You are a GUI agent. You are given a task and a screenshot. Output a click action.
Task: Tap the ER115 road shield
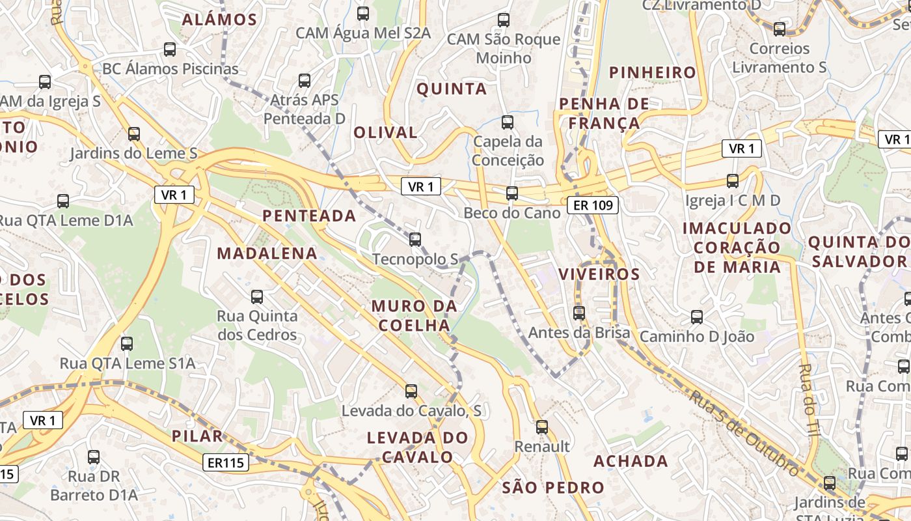pyautogui.click(x=226, y=462)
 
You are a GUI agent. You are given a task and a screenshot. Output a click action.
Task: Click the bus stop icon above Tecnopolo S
pyautogui.click(x=415, y=240)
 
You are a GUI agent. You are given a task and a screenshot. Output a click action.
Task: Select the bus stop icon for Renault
pyautogui.click(x=541, y=427)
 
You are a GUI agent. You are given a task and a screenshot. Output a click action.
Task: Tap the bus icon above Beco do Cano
pyautogui.click(x=512, y=193)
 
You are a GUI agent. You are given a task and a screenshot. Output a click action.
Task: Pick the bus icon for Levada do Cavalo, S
pyautogui.click(x=411, y=391)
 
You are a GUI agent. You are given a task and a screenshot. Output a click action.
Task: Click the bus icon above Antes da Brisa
pyautogui.click(x=579, y=313)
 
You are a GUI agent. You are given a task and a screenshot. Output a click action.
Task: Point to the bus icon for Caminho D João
pyautogui.click(x=697, y=317)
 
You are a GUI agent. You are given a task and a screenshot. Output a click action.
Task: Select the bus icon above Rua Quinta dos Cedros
pyautogui.click(x=257, y=297)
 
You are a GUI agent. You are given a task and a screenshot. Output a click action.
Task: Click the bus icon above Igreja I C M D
pyautogui.click(x=733, y=181)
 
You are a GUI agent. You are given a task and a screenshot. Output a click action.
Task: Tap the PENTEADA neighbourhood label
pyautogui.click(x=309, y=216)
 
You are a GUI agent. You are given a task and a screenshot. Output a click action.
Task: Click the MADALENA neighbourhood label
pyautogui.click(x=267, y=253)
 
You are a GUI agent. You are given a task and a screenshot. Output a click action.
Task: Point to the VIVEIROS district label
pyautogui.click(x=599, y=274)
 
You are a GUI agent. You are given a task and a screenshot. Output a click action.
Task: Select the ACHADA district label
pyautogui.click(x=631, y=461)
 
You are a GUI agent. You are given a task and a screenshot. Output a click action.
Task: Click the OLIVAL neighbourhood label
pyautogui.click(x=385, y=132)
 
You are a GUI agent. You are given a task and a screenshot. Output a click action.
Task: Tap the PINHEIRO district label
pyautogui.click(x=653, y=72)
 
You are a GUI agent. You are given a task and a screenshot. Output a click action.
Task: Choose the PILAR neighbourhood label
pyautogui.click(x=198, y=436)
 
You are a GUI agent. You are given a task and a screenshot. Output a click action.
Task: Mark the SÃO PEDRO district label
pyautogui.click(x=553, y=487)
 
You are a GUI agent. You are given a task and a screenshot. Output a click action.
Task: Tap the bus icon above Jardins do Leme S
pyautogui.click(x=134, y=134)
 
